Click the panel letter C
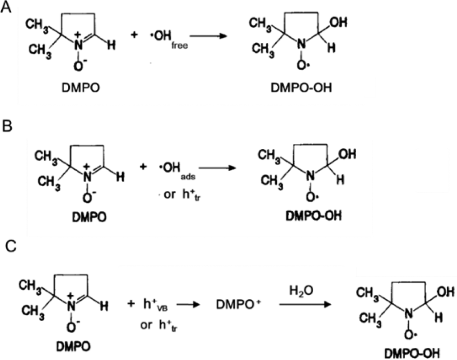(x=11, y=247)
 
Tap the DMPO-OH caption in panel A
(x=301, y=88)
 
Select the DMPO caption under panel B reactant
(x=89, y=217)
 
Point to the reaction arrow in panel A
(x=208, y=36)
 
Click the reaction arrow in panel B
(x=217, y=168)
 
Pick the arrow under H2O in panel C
(x=305, y=304)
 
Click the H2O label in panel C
(x=301, y=291)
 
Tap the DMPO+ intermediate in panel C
(x=238, y=305)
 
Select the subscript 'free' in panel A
(x=179, y=46)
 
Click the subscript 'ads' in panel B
(x=188, y=177)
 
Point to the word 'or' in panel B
(x=169, y=195)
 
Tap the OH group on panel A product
(x=339, y=22)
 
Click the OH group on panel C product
(x=446, y=292)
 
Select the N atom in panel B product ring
(x=311, y=176)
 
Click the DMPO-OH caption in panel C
(x=412, y=354)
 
